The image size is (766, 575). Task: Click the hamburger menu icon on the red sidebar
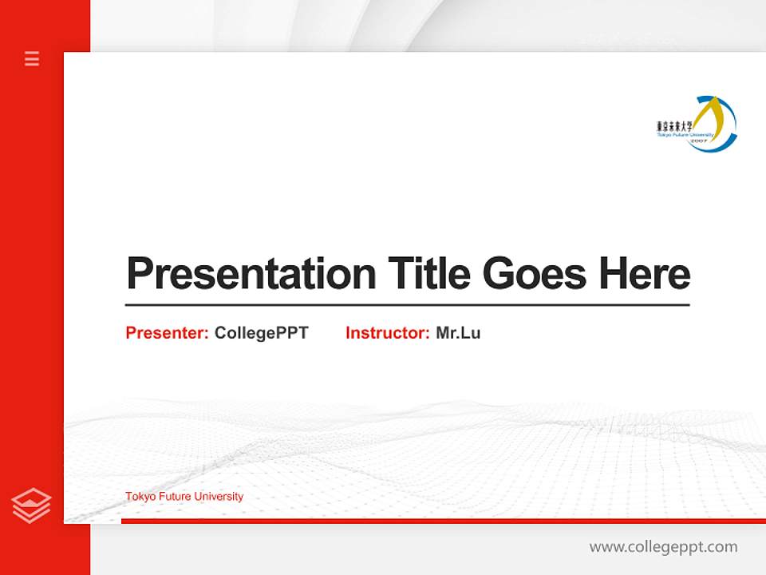32,58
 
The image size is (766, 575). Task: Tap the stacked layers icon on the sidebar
31,506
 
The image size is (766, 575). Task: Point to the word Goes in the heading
535,273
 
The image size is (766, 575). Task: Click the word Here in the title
645,273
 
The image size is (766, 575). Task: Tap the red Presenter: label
167,333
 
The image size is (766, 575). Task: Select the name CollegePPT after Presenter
261,333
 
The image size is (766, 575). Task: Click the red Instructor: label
387,333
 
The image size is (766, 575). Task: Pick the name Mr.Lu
458,333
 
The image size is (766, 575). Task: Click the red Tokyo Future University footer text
184,497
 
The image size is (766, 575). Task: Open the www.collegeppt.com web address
663,547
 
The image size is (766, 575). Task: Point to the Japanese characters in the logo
674,126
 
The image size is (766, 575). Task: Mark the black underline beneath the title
407,305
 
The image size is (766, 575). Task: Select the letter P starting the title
139,274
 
